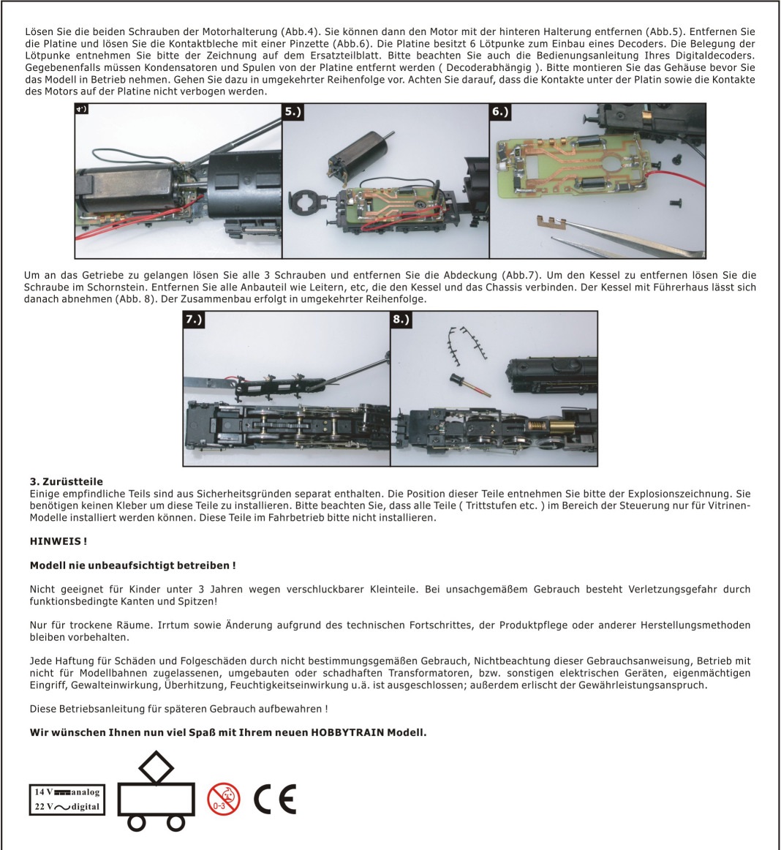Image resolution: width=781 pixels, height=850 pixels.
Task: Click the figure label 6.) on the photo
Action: tap(500, 112)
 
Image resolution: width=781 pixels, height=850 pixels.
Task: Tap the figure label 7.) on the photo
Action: tap(194, 320)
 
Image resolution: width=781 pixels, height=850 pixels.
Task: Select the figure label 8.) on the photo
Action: tap(401, 320)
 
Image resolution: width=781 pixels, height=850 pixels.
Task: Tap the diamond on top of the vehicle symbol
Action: tap(156, 767)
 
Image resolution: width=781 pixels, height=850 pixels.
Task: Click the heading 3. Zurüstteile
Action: tap(67, 481)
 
